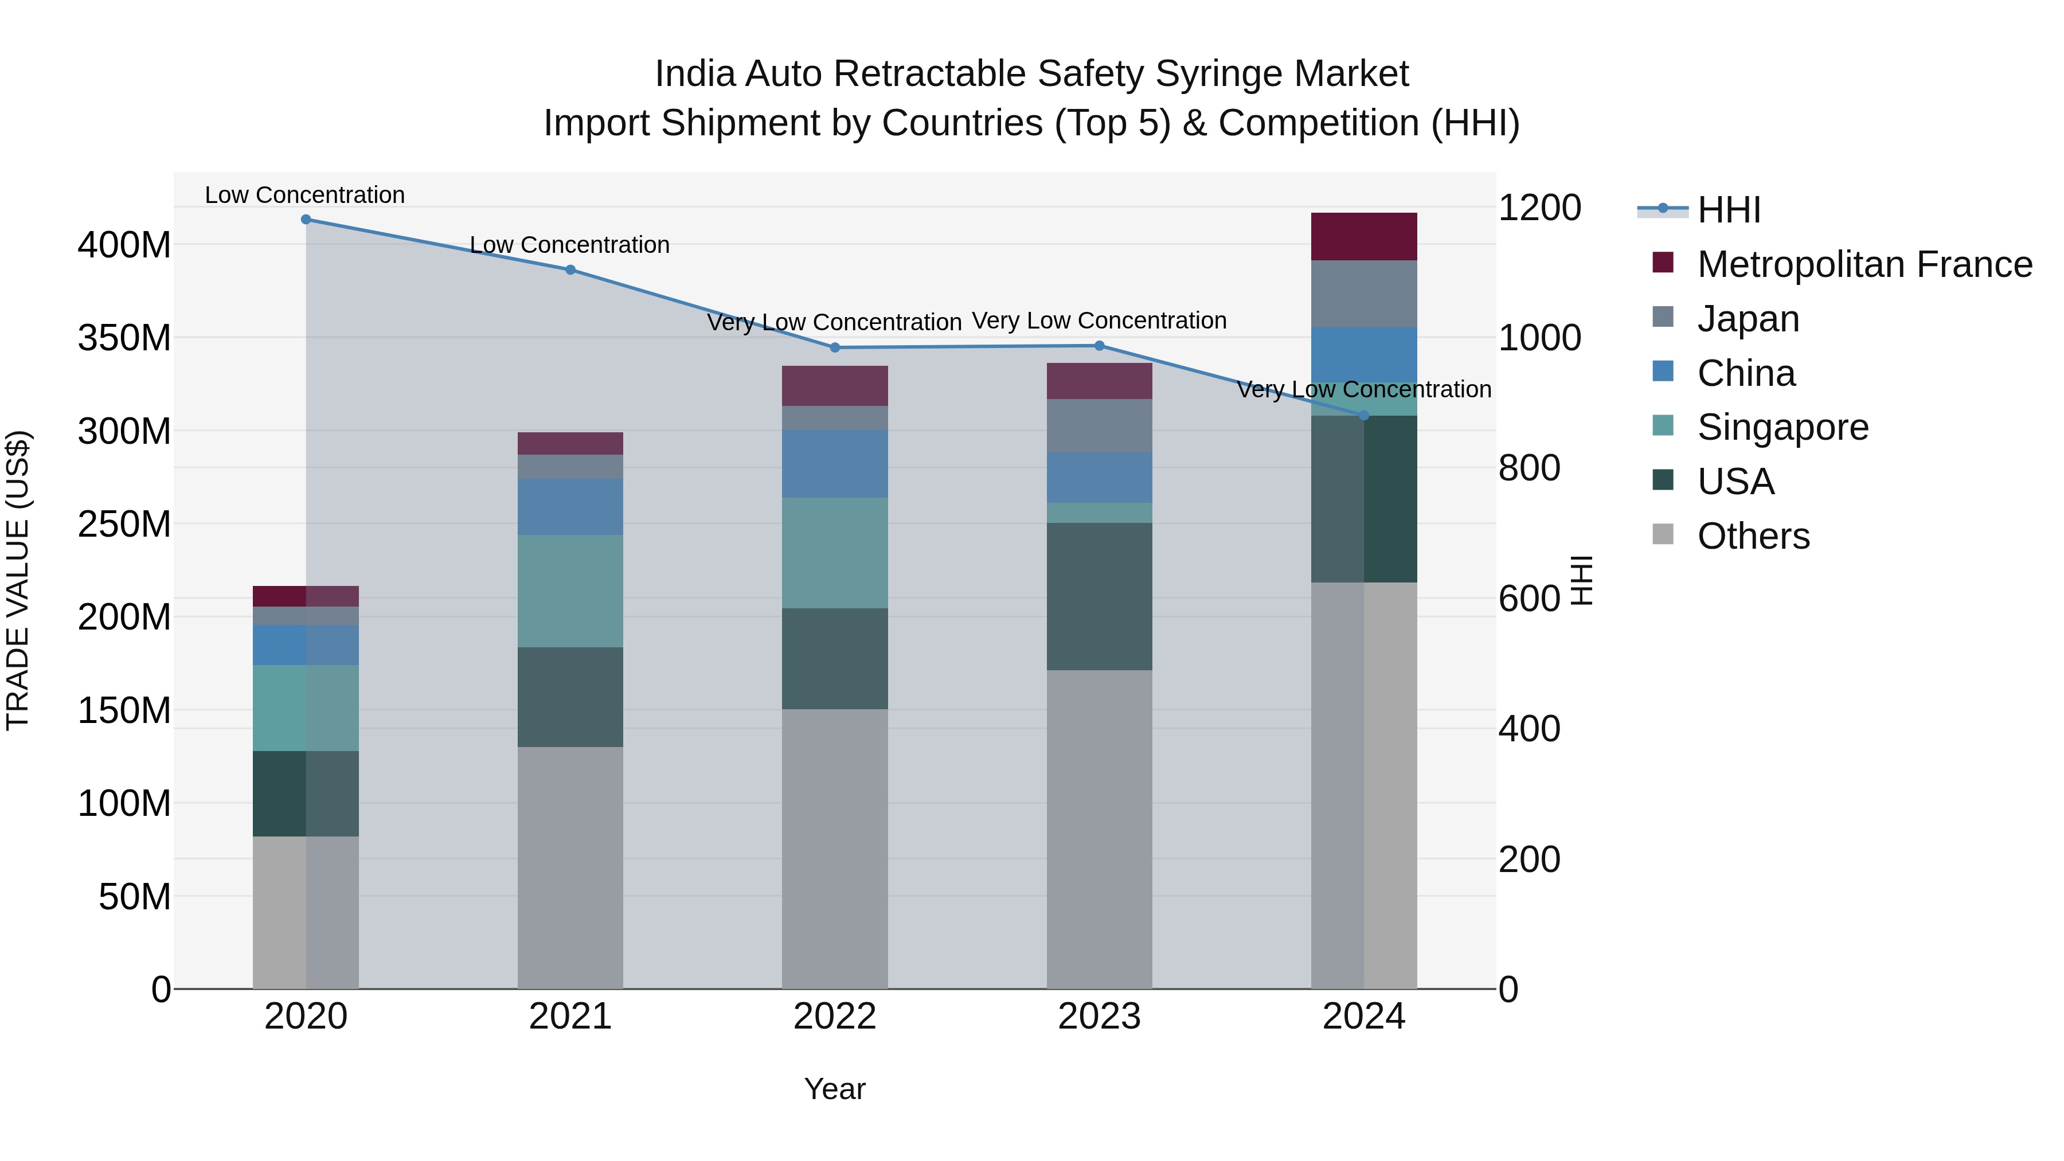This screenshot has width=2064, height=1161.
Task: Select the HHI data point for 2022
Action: pos(835,348)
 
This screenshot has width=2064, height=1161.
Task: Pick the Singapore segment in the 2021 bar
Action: pos(570,591)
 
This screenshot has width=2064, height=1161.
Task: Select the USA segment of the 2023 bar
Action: pos(1099,597)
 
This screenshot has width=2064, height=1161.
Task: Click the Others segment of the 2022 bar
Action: pos(835,849)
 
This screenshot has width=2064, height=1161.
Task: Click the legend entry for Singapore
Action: pos(1782,428)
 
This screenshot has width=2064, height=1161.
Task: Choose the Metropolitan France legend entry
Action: pos(1864,264)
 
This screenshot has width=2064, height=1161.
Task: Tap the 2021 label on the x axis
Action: pos(570,1017)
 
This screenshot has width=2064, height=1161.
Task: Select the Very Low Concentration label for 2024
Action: pos(1364,389)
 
